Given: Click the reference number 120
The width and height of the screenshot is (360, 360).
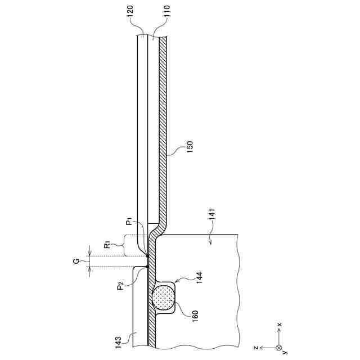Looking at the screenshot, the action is coord(130,11).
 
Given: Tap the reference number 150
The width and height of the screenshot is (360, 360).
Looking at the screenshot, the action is coord(190,147).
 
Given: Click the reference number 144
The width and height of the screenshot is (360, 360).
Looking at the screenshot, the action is coord(199,277).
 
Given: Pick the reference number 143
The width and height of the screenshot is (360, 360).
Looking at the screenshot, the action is coord(118,343).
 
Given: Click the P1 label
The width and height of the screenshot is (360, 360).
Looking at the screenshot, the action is coord(129,222).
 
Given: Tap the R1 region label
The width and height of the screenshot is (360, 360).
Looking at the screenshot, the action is coord(107,246).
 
